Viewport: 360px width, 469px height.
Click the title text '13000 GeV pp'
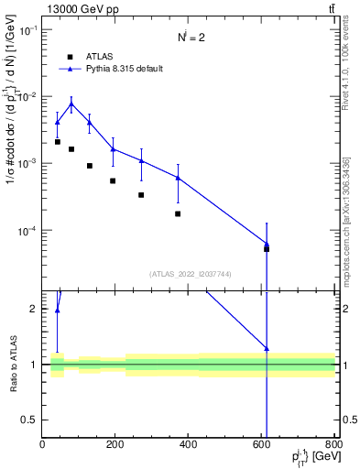click(x=76, y=7)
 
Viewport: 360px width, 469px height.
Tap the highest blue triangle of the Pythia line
click(x=71, y=104)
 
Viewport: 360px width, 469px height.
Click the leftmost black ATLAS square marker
click(x=57, y=142)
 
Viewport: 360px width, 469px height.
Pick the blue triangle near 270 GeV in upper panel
click(x=141, y=161)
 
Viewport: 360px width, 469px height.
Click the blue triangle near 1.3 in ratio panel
click(x=267, y=348)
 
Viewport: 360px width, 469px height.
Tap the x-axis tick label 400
click(x=189, y=444)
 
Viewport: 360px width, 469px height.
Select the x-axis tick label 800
click(x=334, y=444)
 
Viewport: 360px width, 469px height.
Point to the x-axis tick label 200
click(x=115, y=444)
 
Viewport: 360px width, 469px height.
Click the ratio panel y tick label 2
click(x=34, y=309)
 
